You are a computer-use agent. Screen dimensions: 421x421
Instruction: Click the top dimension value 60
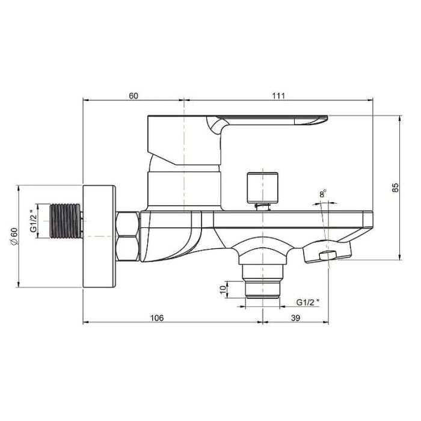133,96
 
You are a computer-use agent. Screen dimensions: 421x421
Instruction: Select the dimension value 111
278,96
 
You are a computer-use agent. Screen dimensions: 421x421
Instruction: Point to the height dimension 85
395,187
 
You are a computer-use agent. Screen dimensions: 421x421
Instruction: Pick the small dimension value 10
223,289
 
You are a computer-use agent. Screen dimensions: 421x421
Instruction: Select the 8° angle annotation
323,194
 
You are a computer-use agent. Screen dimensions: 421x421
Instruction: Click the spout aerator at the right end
328,256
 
